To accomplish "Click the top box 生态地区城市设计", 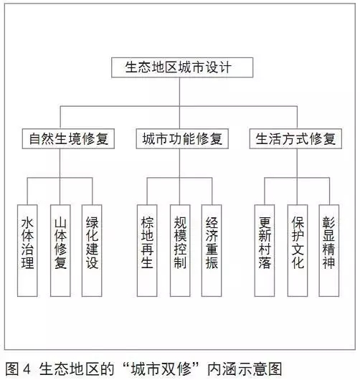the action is click(x=182, y=67).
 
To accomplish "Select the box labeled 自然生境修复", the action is click(x=68, y=138).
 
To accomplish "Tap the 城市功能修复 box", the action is click(x=182, y=138).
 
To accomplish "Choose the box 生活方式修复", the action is click(x=295, y=138).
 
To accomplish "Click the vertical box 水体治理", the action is click(x=27, y=250).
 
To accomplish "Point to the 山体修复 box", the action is click(x=60, y=250).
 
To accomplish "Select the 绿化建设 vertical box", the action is click(x=92, y=250).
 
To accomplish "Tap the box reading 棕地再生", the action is click(x=147, y=250).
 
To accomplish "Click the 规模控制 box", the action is click(x=180, y=250).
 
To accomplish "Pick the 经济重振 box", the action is click(x=212, y=250).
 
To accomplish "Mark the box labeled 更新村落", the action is click(x=265, y=250).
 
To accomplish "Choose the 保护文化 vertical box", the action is click(x=298, y=250).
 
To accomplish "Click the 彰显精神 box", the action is click(x=328, y=250).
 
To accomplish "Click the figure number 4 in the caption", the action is click(x=27, y=369).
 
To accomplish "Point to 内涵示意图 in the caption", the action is click(x=245, y=369).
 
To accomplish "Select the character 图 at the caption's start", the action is click(x=12, y=369).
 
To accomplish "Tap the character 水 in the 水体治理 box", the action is click(x=27, y=223).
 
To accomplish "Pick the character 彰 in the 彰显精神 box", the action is click(x=328, y=222).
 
